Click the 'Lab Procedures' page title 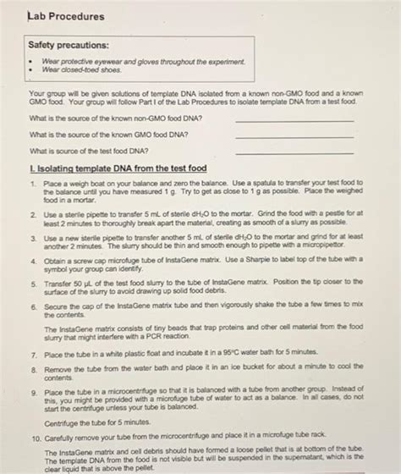click(x=66, y=16)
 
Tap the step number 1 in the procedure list click(x=32, y=183)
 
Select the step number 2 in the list click(x=32, y=216)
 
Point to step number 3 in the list click(x=32, y=240)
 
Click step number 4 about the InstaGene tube click(x=32, y=262)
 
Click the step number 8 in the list click(x=32, y=370)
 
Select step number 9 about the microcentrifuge click(x=32, y=392)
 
